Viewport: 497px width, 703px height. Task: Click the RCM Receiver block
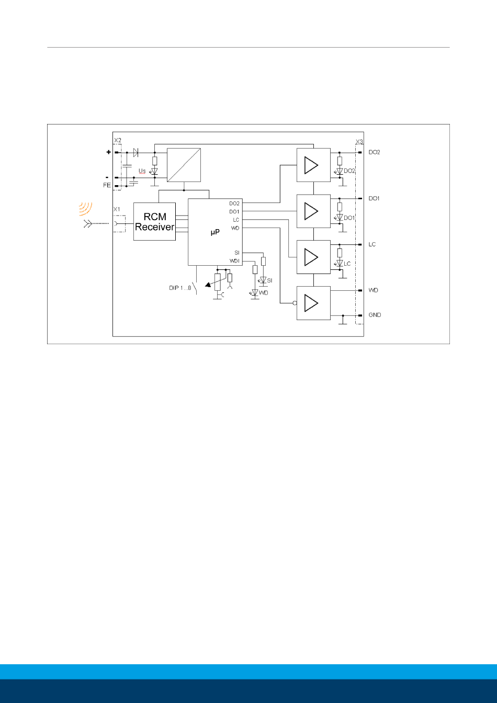[x=154, y=222]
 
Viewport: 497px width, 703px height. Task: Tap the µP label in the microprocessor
[x=215, y=232]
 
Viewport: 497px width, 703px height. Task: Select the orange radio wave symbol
[x=85, y=209]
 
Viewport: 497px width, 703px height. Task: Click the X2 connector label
[x=118, y=140]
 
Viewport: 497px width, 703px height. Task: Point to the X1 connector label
[x=117, y=209]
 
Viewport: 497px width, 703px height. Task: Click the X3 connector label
[x=359, y=142]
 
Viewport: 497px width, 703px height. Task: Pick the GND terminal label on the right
[x=375, y=315]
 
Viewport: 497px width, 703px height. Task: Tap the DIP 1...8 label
[x=180, y=288]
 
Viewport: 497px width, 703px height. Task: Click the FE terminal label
[x=107, y=185]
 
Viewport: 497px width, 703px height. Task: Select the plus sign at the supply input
[x=109, y=152]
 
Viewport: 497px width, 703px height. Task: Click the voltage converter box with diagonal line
[x=184, y=165]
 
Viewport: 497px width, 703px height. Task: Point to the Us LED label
[x=142, y=171]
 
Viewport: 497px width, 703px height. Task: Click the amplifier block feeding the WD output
[x=313, y=303]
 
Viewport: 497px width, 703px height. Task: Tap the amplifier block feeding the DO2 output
[x=313, y=165]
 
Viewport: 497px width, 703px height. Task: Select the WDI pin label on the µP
[x=234, y=261]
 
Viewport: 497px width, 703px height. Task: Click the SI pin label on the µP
[x=236, y=253]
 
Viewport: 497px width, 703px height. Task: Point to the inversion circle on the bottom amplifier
[x=295, y=303]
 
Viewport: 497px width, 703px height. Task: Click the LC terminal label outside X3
[x=372, y=244]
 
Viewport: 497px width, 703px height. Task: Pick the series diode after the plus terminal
[x=135, y=153]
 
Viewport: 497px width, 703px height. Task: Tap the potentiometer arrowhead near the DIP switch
[x=208, y=285]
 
